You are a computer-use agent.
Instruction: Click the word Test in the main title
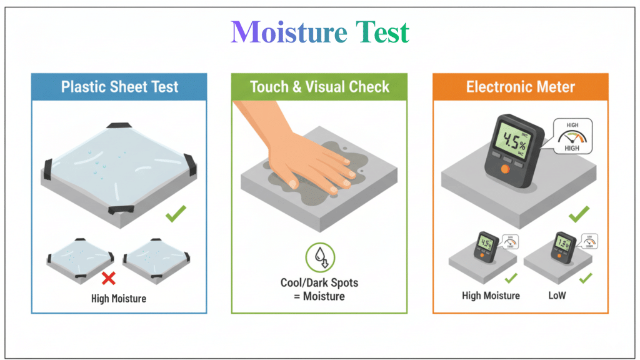coord(382,32)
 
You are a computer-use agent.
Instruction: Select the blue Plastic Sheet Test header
coord(119,86)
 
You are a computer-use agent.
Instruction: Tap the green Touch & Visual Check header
coord(319,86)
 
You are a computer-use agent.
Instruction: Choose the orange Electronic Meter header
coord(520,86)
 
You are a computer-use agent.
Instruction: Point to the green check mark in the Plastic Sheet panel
coord(176,216)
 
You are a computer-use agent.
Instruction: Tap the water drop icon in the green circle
coord(319,257)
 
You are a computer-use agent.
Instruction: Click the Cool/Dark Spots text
coord(319,282)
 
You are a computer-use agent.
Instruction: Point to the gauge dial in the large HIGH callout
coord(572,137)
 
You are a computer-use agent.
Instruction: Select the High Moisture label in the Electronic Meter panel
coord(491,295)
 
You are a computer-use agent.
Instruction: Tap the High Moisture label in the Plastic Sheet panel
coord(119,299)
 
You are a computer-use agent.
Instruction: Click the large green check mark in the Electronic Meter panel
coord(579,216)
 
